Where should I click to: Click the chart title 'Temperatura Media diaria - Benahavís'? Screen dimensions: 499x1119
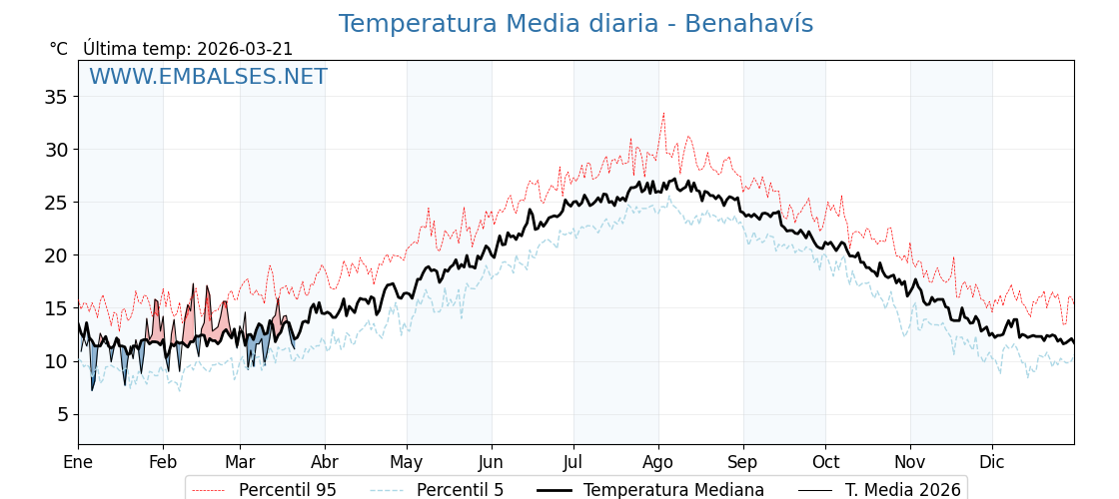pyautogui.click(x=575, y=24)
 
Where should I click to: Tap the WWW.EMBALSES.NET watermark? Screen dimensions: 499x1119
pyautogui.click(x=208, y=77)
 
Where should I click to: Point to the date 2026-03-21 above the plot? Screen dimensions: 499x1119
pyautogui.click(x=245, y=49)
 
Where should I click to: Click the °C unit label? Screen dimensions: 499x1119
pyautogui.click(x=59, y=49)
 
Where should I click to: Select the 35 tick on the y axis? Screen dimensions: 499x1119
pyautogui.click(x=56, y=97)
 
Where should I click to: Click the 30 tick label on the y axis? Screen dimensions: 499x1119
pyautogui.click(x=56, y=150)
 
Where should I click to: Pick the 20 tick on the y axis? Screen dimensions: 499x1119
pyautogui.click(x=56, y=255)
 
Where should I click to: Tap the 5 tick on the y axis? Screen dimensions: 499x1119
pyautogui.click(x=61, y=414)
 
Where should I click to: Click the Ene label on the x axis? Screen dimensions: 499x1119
pyautogui.click(x=78, y=462)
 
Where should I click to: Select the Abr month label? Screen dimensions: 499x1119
pyautogui.click(x=325, y=462)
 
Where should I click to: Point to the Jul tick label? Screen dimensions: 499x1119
pyautogui.click(x=573, y=462)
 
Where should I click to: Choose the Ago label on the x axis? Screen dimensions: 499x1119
pyautogui.click(x=658, y=462)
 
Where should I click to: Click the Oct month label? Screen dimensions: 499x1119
pyautogui.click(x=825, y=462)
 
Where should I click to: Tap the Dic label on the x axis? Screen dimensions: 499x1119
pyautogui.click(x=992, y=462)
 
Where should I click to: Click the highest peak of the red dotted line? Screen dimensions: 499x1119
pyautogui.click(x=662, y=113)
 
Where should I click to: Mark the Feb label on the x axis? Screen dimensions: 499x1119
pyautogui.click(x=163, y=462)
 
